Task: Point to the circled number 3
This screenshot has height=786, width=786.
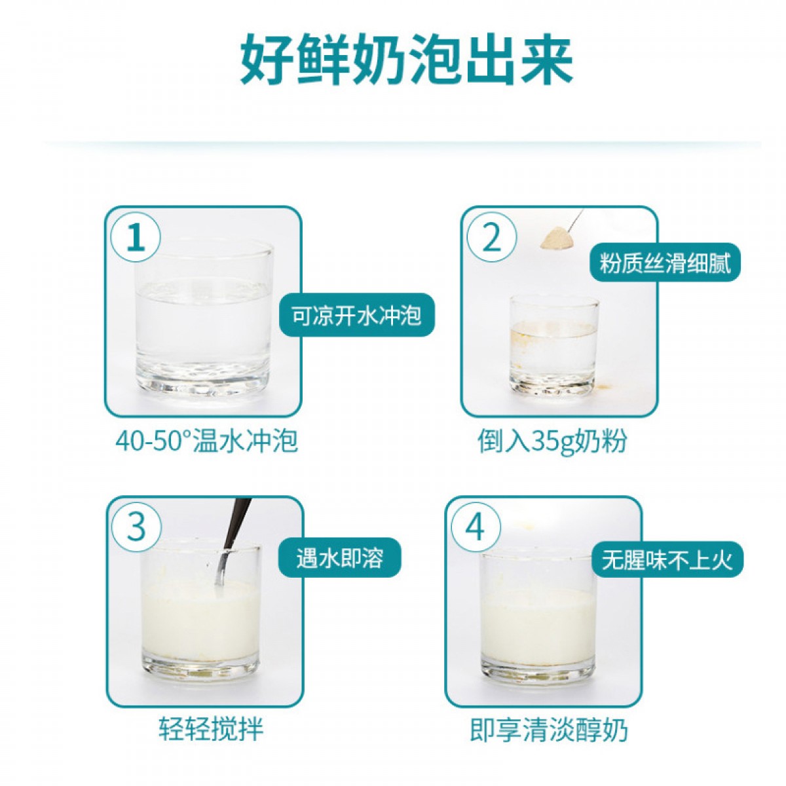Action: point(136,527)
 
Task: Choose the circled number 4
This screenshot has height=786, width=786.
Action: point(475,527)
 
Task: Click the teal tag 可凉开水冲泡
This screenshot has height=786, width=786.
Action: point(356,315)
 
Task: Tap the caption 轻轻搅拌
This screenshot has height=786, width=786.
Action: point(211,728)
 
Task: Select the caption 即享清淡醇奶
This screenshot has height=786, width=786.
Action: point(549,728)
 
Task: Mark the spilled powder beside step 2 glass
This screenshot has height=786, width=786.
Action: point(604,384)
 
